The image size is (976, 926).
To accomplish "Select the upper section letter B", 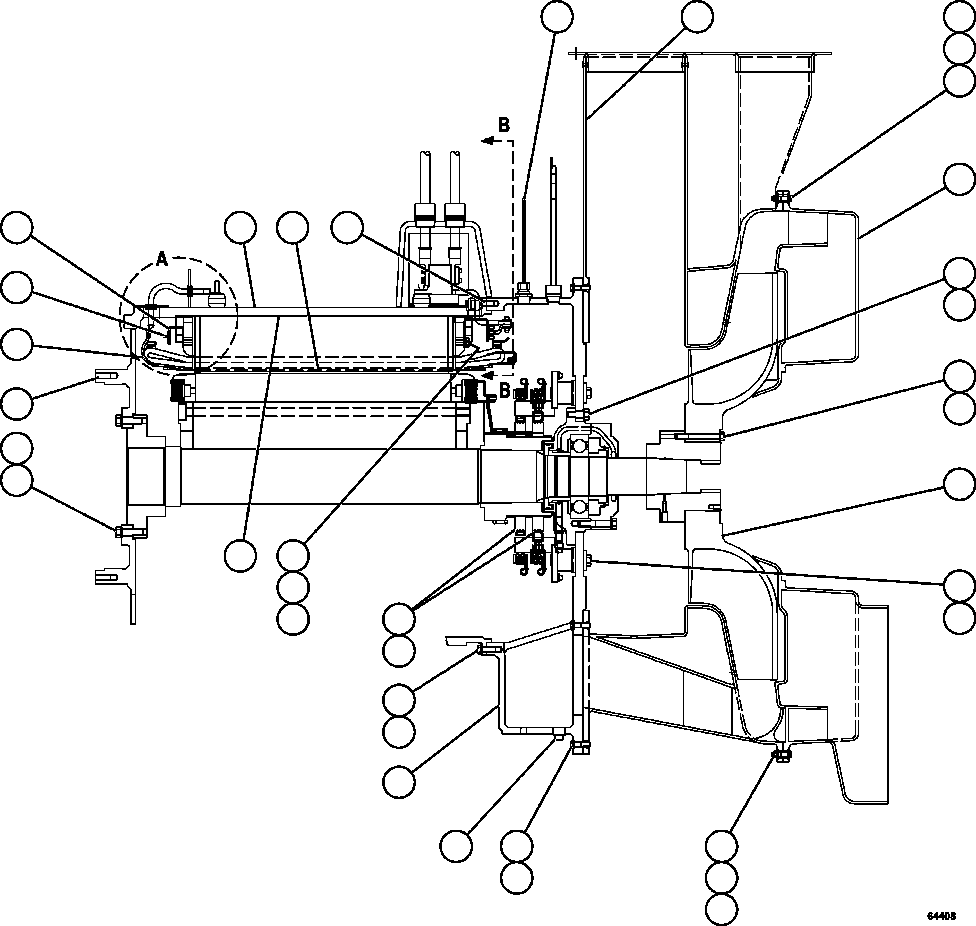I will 504,124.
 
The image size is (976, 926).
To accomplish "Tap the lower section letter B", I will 504,387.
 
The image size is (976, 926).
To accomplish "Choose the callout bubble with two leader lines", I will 400,617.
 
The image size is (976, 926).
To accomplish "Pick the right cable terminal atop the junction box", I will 456,213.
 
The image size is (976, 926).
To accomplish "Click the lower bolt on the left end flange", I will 121,530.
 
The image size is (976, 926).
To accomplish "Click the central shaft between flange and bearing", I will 330,477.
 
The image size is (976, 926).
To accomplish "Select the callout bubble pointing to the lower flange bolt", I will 15,480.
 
